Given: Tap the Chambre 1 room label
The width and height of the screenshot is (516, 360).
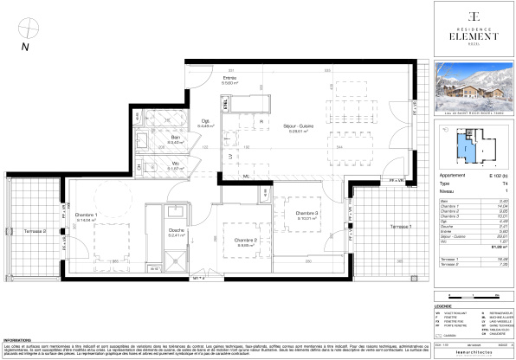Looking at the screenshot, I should pos(86,215).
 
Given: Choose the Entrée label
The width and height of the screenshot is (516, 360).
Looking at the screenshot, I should pos(229,79).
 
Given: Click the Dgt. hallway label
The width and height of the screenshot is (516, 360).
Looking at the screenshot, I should pos(204,123).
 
